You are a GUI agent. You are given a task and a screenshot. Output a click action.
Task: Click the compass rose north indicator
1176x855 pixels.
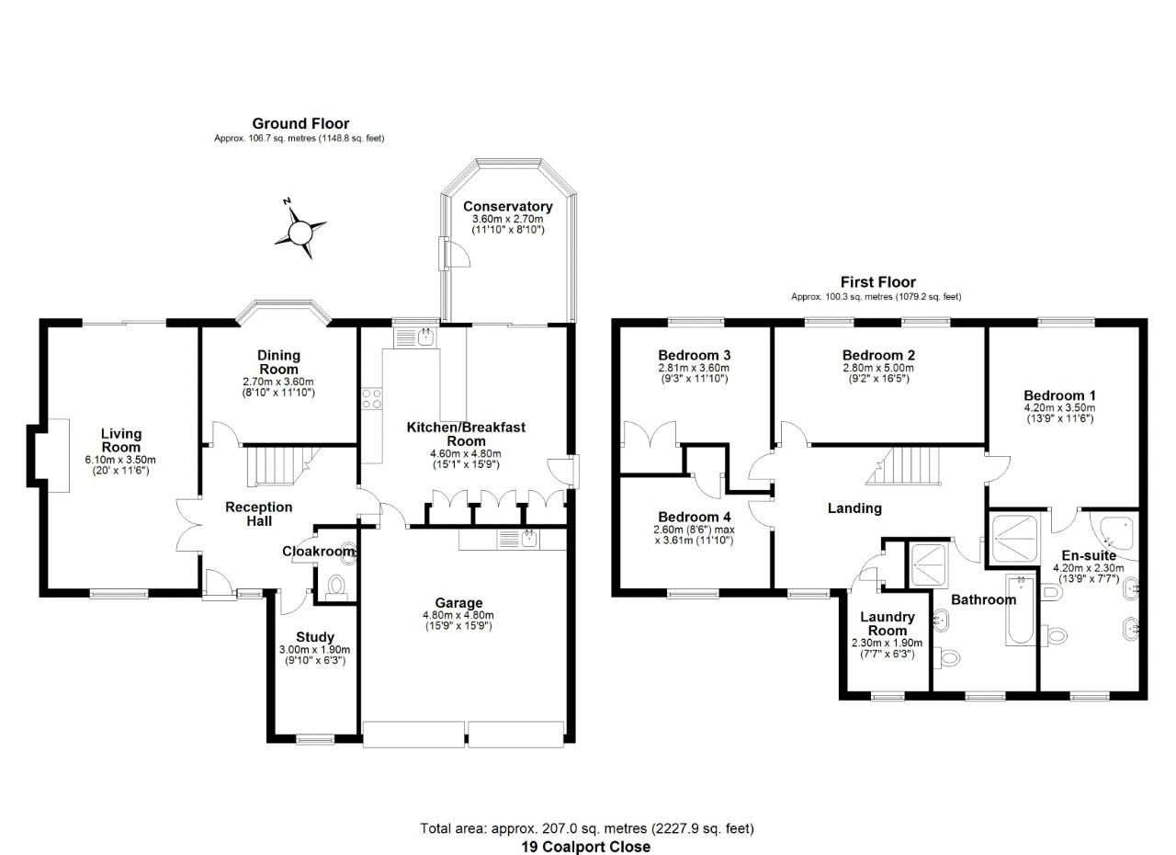coord(300,230)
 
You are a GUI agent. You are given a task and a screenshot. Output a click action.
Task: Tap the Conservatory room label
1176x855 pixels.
coord(507,207)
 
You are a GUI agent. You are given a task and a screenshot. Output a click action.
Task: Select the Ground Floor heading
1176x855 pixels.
coord(300,123)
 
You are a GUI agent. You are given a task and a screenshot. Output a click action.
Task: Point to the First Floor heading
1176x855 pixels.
coord(877,282)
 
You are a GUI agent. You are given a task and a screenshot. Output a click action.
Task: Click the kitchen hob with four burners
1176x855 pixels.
coord(372,399)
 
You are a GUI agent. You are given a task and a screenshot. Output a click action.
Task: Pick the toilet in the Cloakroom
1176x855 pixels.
coord(336,586)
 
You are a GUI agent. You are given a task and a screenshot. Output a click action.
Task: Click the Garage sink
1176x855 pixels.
coord(528,539)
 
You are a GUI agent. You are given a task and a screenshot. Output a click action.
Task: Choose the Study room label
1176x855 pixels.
coord(314,637)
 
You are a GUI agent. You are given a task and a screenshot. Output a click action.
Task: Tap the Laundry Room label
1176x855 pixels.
coord(887,623)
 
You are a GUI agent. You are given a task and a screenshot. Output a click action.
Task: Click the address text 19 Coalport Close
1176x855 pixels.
coord(585,847)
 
